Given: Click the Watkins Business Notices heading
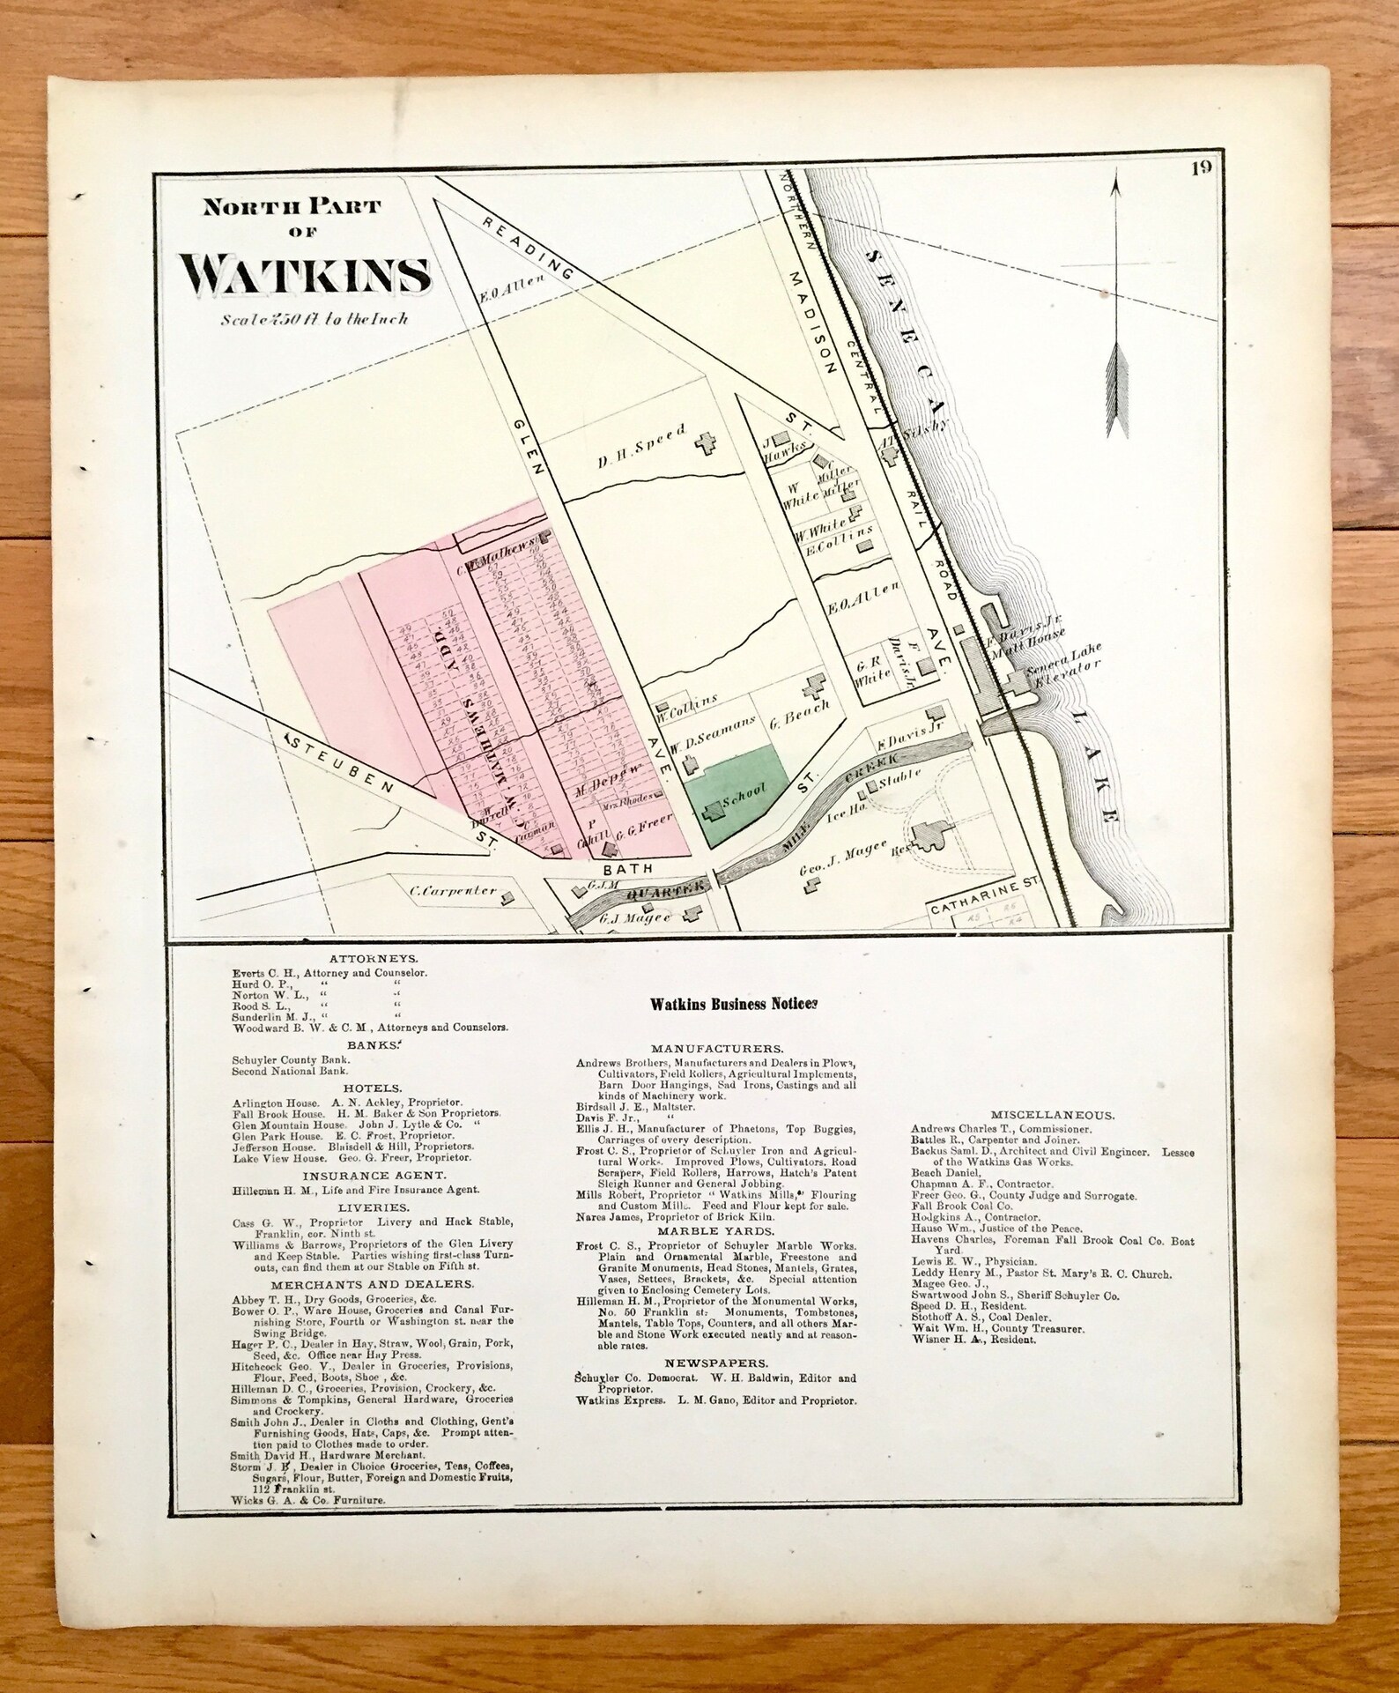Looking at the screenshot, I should (734, 1002).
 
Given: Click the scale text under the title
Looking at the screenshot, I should (315, 320).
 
